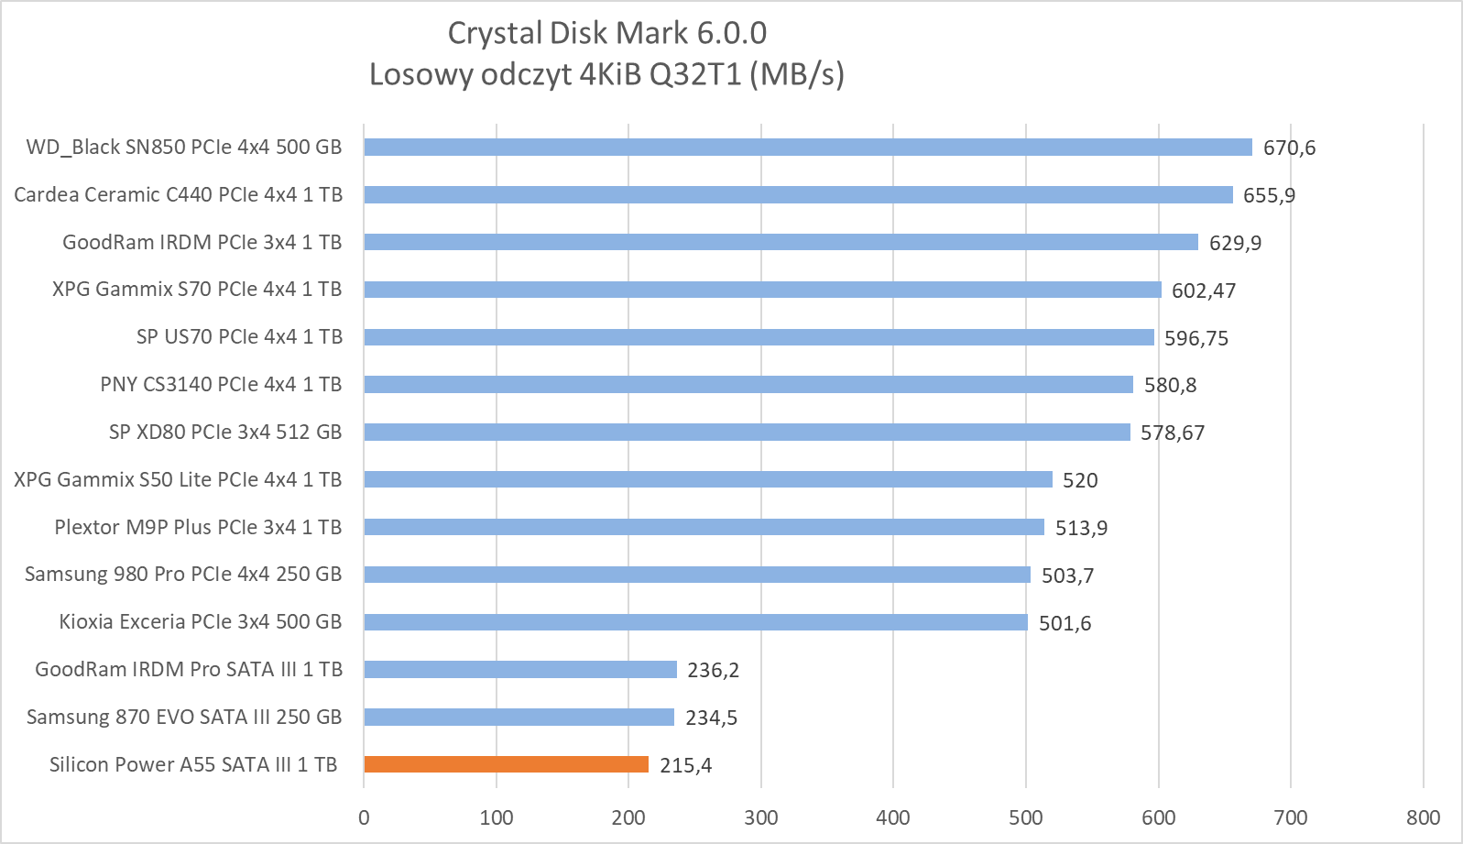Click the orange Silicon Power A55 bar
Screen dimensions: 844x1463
(x=506, y=764)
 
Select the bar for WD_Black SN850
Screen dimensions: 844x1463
(x=807, y=147)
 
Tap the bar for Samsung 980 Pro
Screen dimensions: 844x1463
(x=696, y=575)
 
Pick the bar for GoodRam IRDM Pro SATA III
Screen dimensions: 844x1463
(x=519, y=670)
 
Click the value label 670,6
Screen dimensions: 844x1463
(x=1289, y=148)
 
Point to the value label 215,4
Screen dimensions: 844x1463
(x=685, y=765)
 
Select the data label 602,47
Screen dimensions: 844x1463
(x=1203, y=290)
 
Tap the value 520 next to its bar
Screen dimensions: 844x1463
(x=1079, y=480)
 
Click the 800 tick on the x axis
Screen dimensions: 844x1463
(x=1423, y=817)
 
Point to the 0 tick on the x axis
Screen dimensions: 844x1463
(x=364, y=817)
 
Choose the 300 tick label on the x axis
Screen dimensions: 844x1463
(x=760, y=817)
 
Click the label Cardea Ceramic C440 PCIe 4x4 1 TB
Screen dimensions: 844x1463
(x=178, y=194)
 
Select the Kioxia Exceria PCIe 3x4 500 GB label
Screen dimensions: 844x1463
(x=200, y=622)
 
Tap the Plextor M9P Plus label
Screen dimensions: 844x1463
(x=198, y=527)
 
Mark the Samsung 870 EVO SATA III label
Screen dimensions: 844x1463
(x=183, y=718)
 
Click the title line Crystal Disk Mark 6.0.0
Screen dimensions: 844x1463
(x=606, y=33)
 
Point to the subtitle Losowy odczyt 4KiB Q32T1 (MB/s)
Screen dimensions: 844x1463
(x=606, y=74)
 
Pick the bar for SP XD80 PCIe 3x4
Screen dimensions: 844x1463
(x=747, y=432)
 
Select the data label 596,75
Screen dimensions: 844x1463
(x=1196, y=338)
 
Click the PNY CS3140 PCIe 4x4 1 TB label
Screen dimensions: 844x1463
(x=221, y=385)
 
